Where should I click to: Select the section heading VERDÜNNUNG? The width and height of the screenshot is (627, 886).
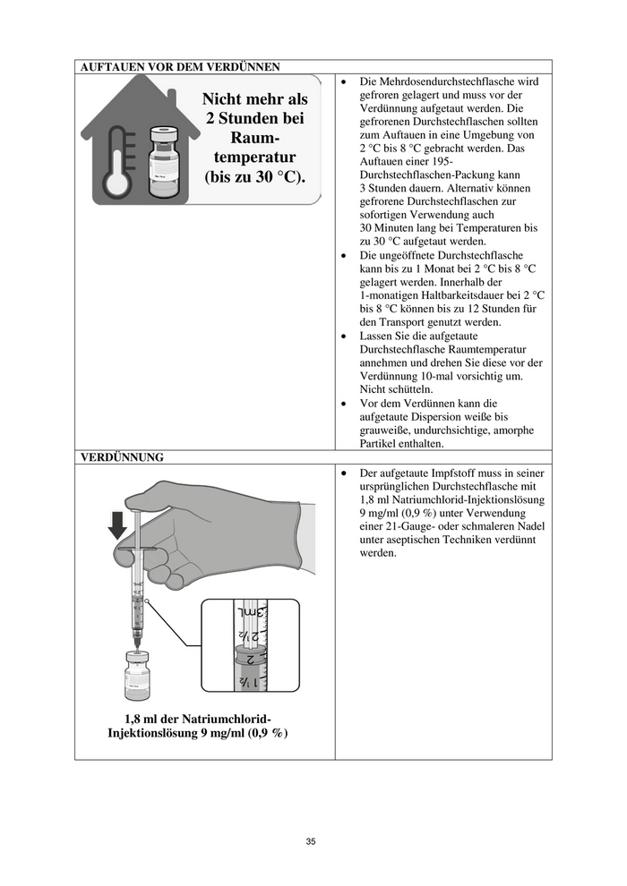122,457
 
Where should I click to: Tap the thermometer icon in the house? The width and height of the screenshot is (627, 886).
118,158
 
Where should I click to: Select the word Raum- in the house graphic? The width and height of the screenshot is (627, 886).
254,138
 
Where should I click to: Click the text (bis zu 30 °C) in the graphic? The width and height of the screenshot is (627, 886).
255,176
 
